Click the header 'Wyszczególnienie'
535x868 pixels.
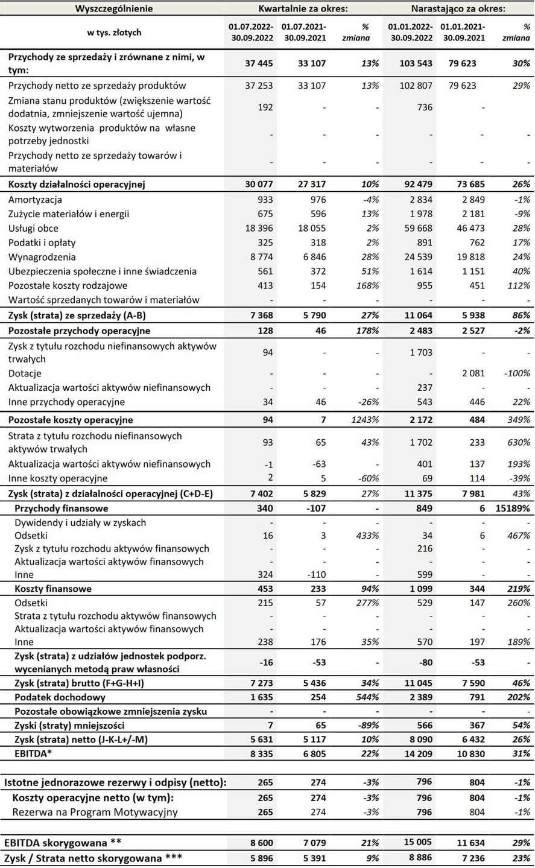tap(114, 8)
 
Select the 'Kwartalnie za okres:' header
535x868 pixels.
tap(303, 8)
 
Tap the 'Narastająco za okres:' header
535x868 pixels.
tap(458, 8)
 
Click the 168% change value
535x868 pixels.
tap(367, 285)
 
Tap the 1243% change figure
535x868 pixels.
tap(364, 420)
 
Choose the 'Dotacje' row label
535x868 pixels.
tap(25, 373)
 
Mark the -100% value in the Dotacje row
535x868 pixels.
tap(516, 373)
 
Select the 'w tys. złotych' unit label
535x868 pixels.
tap(114, 33)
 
